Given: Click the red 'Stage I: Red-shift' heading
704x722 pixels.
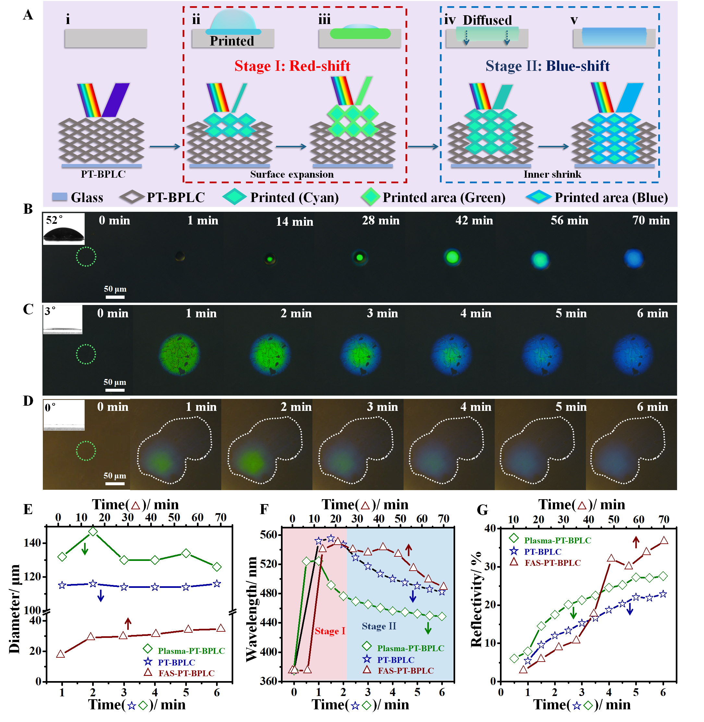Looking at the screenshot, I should pyautogui.click(x=292, y=66).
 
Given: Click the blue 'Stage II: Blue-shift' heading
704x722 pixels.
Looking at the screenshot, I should pyautogui.click(x=547, y=66).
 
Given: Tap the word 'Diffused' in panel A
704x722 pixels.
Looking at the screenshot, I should pyautogui.click(x=487, y=20).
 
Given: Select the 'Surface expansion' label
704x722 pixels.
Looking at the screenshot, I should pyautogui.click(x=292, y=174).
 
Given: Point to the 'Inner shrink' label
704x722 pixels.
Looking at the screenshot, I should pyautogui.click(x=552, y=174).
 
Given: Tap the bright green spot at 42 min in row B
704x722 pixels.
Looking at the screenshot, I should pyautogui.click(x=452, y=257).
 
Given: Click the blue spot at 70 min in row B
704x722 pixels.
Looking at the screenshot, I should pyautogui.click(x=634, y=258).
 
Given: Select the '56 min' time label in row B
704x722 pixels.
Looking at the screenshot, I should pyautogui.click(x=569, y=221).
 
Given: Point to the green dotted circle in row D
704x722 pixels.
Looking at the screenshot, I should pyautogui.click(x=86, y=451).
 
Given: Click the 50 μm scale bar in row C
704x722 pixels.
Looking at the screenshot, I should pyautogui.click(x=115, y=390).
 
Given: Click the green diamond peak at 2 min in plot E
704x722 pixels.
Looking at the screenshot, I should pyautogui.click(x=93, y=532).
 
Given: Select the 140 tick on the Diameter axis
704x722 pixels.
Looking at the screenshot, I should pyautogui.click(x=32, y=543).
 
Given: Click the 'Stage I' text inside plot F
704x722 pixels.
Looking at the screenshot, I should pyautogui.click(x=330, y=631).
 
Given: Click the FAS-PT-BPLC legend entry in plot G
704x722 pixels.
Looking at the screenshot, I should pyautogui.click(x=552, y=563).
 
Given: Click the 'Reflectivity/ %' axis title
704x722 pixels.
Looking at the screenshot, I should pyautogui.click(x=477, y=600).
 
